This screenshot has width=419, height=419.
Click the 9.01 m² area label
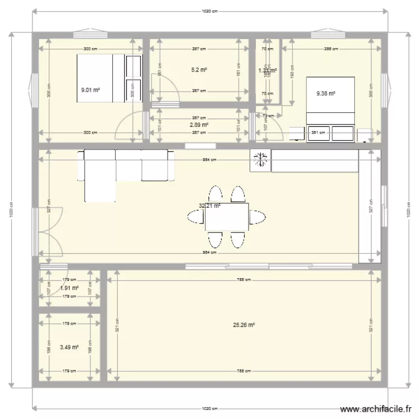(90, 89)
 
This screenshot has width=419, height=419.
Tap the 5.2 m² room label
(199, 70)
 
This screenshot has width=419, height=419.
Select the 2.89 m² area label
(199, 125)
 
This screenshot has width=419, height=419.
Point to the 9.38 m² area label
(326, 93)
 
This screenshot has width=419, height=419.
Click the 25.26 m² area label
(245, 325)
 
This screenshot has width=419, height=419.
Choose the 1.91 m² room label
(69, 288)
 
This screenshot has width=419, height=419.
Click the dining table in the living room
(227, 217)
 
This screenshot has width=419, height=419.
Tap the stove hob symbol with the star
(260, 160)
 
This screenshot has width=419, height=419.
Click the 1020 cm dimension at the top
(210, 11)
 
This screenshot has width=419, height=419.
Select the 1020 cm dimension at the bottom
(210, 407)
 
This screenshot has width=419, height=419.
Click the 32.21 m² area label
(209, 206)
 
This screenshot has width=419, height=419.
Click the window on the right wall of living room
(384, 206)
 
